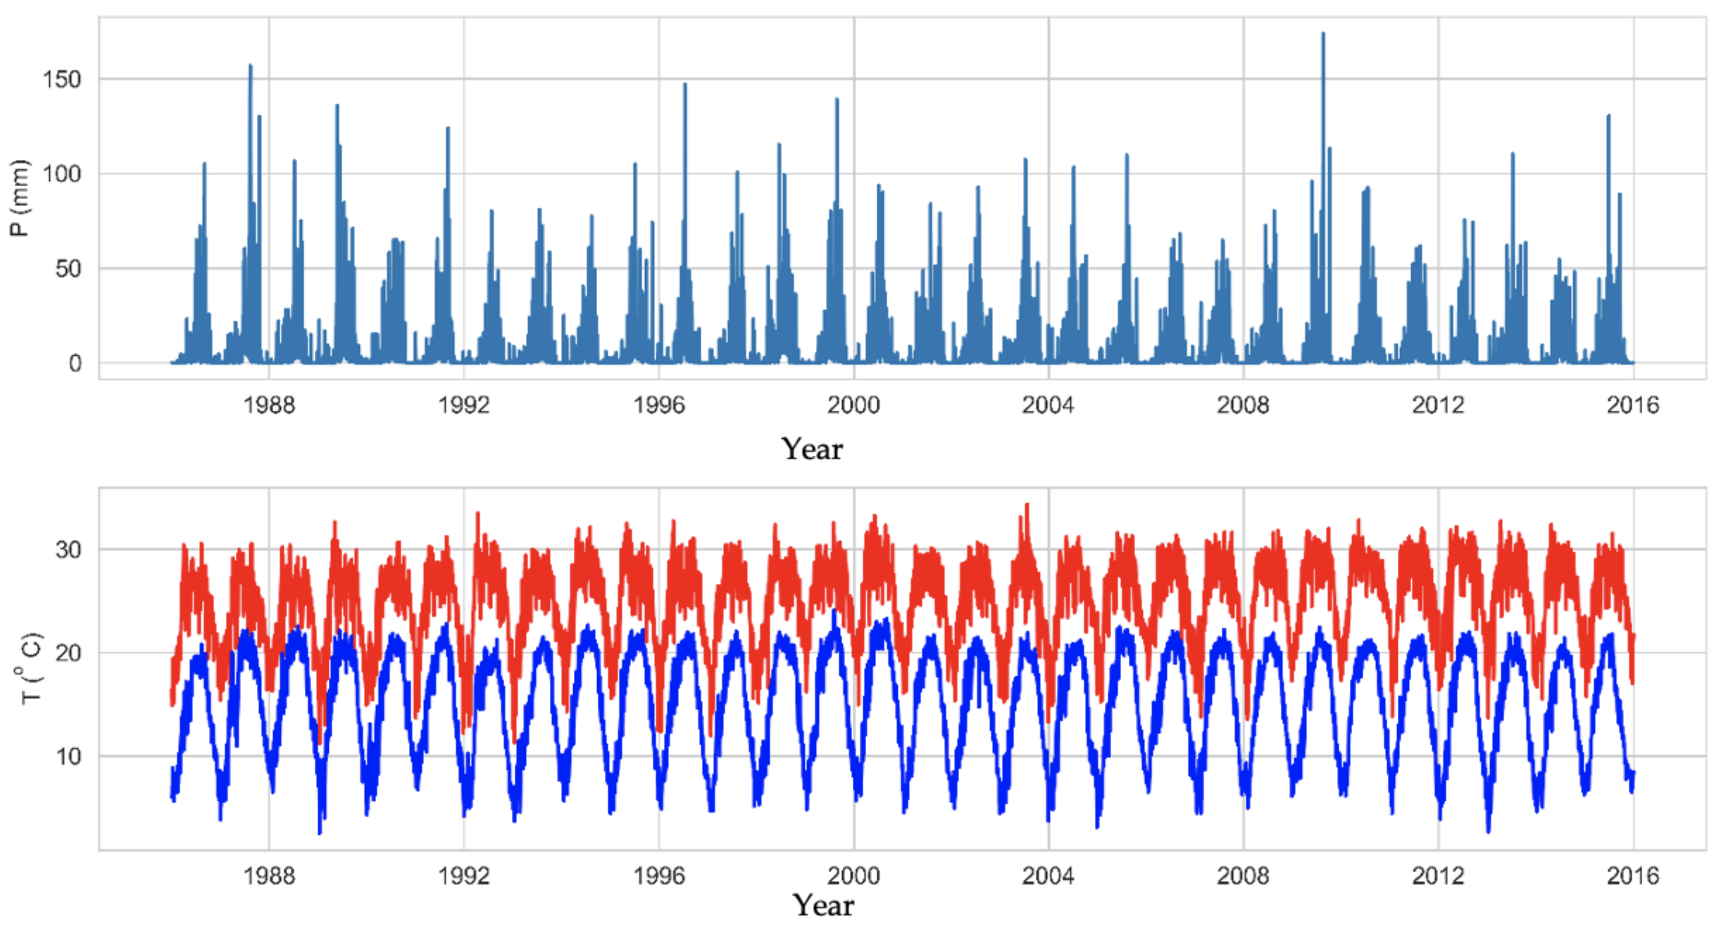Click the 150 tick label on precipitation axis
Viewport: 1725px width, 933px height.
(x=62, y=79)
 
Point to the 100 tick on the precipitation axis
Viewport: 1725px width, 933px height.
(x=62, y=174)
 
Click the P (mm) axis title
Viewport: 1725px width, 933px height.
(x=20, y=198)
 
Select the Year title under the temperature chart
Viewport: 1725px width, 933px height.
(x=823, y=906)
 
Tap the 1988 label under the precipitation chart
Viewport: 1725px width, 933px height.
(x=269, y=405)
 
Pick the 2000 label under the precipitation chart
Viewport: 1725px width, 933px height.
(x=853, y=405)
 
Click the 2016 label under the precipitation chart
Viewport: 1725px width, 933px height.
(x=1633, y=405)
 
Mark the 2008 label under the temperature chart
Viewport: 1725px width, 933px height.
(x=1243, y=876)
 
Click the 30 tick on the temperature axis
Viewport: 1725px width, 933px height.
(x=68, y=550)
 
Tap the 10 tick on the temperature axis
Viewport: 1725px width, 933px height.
(x=68, y=757)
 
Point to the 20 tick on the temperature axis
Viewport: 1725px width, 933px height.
(x=68, y=653)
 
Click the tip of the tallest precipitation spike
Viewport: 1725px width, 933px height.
(x=1322, y=33)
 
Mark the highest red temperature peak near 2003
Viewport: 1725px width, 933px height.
(x=1027, y=505)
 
